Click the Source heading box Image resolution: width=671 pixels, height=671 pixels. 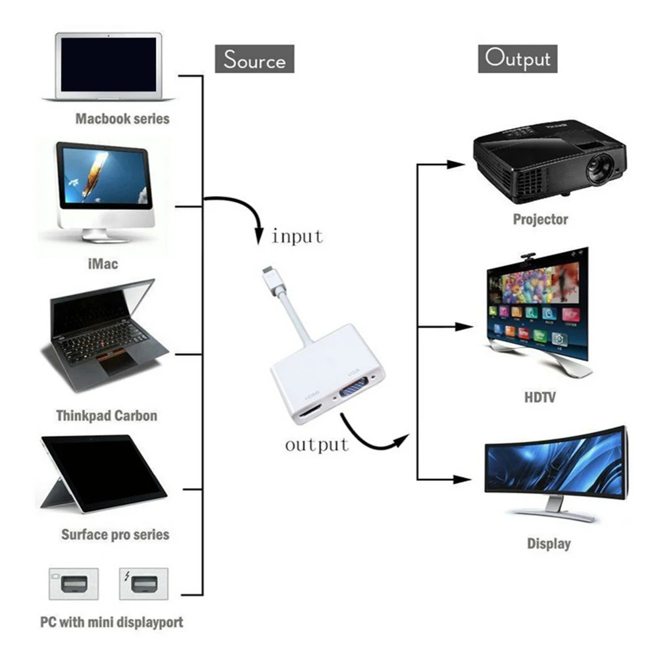[255, 60]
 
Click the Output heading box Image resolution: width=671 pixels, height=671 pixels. [517, 59]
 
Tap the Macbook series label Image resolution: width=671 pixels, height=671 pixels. [122, 119]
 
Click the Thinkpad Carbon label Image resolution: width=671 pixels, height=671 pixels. [107, 416]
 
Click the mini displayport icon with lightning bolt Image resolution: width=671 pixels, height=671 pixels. [143, 584]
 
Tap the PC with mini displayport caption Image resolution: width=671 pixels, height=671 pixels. [112, 622]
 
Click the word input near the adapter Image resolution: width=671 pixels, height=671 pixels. [297, 236]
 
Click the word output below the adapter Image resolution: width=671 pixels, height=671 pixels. [316, 445]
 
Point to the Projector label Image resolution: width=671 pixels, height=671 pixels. [540, 220]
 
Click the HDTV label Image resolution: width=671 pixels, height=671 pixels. [539, 397]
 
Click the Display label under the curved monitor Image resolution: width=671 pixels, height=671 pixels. [549, 544]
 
